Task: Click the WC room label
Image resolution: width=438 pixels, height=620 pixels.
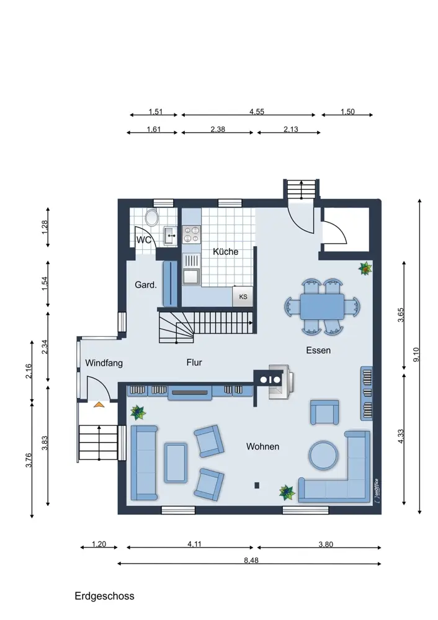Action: (144, 240)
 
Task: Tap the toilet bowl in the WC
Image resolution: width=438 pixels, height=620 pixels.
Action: (151, 217)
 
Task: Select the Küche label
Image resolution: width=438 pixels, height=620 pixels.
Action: (226, 252)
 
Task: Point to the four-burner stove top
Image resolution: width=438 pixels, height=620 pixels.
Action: (192, 234)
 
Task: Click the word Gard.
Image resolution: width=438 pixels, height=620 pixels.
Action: (146, 285)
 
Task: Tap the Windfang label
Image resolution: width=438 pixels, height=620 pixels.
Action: (104, 363)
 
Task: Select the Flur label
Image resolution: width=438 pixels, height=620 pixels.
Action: (194, 362)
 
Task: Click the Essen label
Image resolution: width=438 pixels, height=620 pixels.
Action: (318, 350)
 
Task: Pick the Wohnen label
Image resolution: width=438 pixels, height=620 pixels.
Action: (262, 446)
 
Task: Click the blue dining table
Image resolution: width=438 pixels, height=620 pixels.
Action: (322, 306)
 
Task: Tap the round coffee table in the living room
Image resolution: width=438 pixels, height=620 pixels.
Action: (324, 456)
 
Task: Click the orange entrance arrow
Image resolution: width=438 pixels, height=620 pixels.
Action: (99, 404)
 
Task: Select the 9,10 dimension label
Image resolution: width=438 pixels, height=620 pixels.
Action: (416, 355)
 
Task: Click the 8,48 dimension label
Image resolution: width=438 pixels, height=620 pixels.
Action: (251, 560)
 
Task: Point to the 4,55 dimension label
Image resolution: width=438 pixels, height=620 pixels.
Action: (257, 112)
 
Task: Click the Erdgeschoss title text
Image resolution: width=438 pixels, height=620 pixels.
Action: (104, 596)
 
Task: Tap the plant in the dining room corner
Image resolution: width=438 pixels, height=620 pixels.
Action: (365, 268)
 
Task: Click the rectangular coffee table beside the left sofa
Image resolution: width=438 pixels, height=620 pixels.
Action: (176, 463)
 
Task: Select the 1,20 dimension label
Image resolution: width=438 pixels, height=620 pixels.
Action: (99, 544)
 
